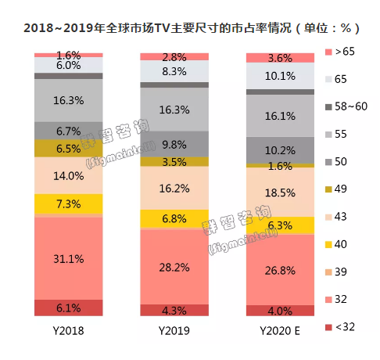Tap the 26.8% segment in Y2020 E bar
280,270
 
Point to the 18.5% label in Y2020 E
280,192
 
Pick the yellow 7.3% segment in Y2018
69,204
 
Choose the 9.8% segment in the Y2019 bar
174,144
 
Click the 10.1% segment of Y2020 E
280,76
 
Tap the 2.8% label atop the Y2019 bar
174,57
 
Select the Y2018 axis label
69,332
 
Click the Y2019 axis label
174,332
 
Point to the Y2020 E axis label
280,332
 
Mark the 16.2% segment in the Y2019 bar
174,189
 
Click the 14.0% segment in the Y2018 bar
69,176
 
